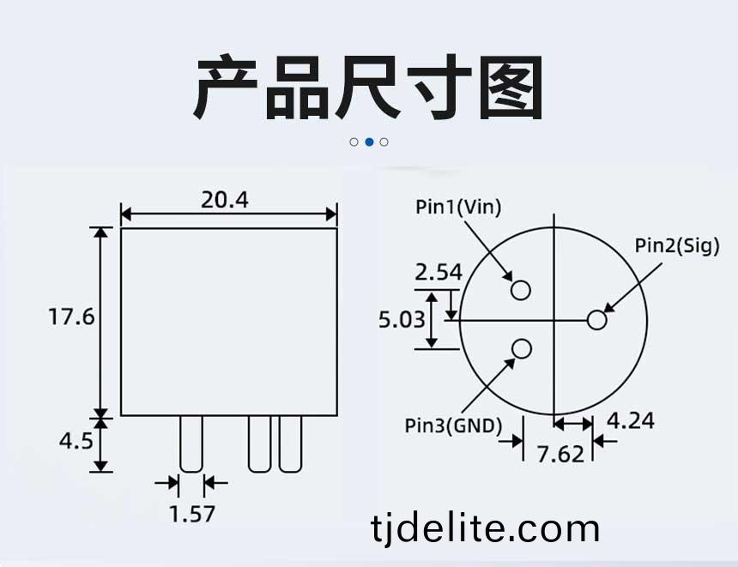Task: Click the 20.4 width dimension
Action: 225,200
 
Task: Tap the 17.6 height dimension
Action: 71,317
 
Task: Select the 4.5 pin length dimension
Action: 76,442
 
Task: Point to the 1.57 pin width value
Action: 192,514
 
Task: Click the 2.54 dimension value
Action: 439,273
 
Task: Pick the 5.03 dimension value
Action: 402,320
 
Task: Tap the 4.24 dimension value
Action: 630,420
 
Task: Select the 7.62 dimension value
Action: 560,454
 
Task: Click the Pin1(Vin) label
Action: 458,207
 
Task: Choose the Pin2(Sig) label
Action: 677,245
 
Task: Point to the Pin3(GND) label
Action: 453,425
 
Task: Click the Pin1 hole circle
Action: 521,290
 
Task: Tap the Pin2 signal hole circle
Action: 596,320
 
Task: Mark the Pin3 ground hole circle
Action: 521,349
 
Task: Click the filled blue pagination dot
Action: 370,142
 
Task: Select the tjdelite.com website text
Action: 485,529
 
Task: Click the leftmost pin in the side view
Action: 191,443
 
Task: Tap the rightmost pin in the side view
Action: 290,443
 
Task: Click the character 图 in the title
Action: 511,87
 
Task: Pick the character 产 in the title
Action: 226,87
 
